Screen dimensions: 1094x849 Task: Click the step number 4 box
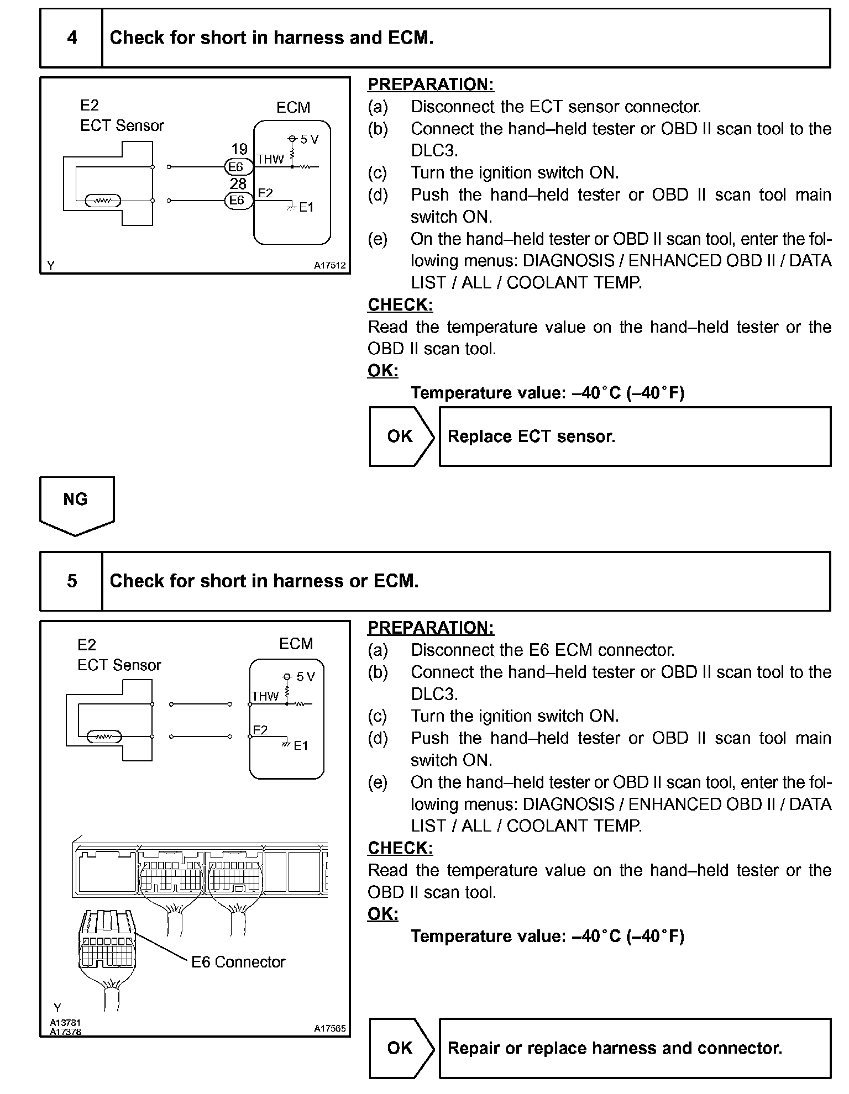72,38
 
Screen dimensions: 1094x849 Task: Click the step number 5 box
72,581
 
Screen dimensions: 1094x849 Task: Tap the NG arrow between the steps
76,504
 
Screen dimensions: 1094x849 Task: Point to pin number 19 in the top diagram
239,149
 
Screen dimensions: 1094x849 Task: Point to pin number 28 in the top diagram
238,183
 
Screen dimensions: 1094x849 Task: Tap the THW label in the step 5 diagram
265,696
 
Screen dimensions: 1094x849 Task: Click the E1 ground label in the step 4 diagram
306,208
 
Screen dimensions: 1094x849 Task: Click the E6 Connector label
238,962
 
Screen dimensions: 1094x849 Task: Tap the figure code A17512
329,265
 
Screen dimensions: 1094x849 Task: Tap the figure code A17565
329,1028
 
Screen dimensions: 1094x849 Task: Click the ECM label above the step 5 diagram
296,644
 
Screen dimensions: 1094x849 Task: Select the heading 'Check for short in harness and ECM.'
271,38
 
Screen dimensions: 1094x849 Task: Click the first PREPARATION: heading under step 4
431,85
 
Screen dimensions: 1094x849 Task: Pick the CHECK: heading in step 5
400,848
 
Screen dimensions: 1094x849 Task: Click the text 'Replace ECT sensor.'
531,436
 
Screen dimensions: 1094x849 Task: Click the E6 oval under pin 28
237,200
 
